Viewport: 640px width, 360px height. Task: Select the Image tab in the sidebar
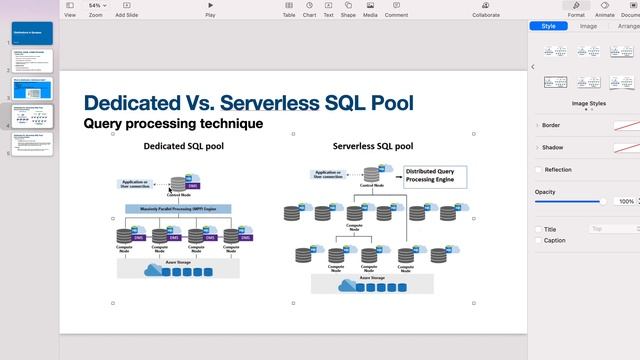[x=588, y=26]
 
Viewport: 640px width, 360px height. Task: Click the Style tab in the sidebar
[x=548, y=26]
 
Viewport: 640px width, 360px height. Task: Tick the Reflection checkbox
[x=539, y=170]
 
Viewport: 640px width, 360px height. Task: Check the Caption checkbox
[x=539, y=240]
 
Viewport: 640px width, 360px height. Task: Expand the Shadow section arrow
[x=537, y=147]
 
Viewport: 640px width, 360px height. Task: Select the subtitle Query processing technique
[x=173, y=124]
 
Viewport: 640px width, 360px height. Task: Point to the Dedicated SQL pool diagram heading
[x=184, y=146]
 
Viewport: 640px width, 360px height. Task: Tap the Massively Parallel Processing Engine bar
[x=178, y=209]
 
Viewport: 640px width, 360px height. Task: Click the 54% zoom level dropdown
[x=96, y=6]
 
